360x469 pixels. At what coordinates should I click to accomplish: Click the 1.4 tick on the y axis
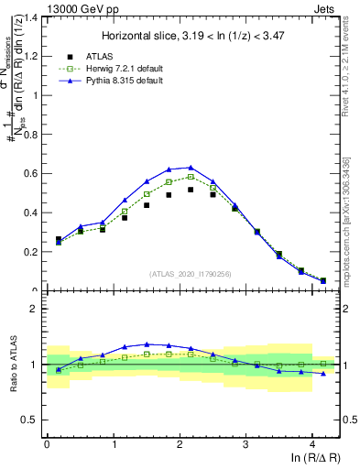29,17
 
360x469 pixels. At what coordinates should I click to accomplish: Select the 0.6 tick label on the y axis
29,174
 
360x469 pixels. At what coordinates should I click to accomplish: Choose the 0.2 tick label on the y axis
29,252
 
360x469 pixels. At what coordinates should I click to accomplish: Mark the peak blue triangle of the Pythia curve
191,168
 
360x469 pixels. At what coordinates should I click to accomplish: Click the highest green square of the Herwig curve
191,177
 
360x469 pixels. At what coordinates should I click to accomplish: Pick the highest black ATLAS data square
191,190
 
